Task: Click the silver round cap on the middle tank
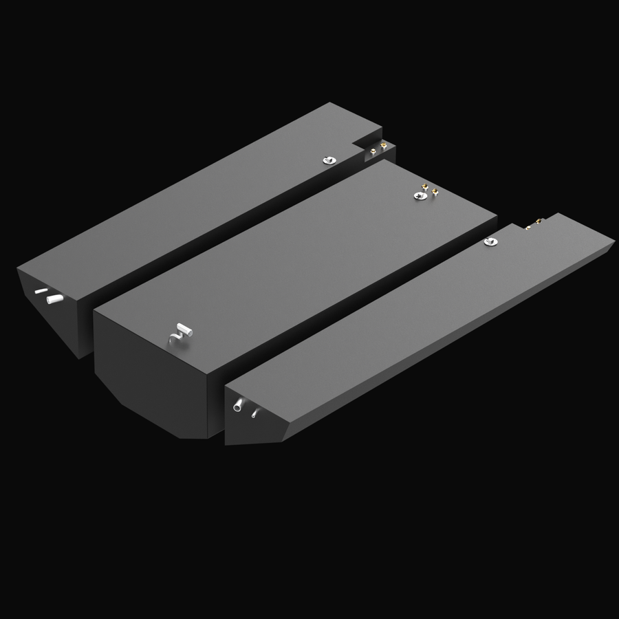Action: tap(420, 196)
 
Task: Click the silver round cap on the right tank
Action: tap(490, 241)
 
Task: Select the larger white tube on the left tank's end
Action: tap(54, 298)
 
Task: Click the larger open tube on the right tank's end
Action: tap(238, 404)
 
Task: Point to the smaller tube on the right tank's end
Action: tap(255, 413)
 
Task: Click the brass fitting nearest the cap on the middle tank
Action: tap(424, 187)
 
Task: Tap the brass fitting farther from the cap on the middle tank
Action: tap(435, 191)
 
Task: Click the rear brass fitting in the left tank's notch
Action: tap(384, 145)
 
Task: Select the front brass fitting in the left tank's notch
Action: tap(373, 151)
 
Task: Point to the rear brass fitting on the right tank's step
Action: tap(539, 221)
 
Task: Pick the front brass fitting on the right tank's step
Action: tap(528, 228)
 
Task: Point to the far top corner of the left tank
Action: tap(332, 103)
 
